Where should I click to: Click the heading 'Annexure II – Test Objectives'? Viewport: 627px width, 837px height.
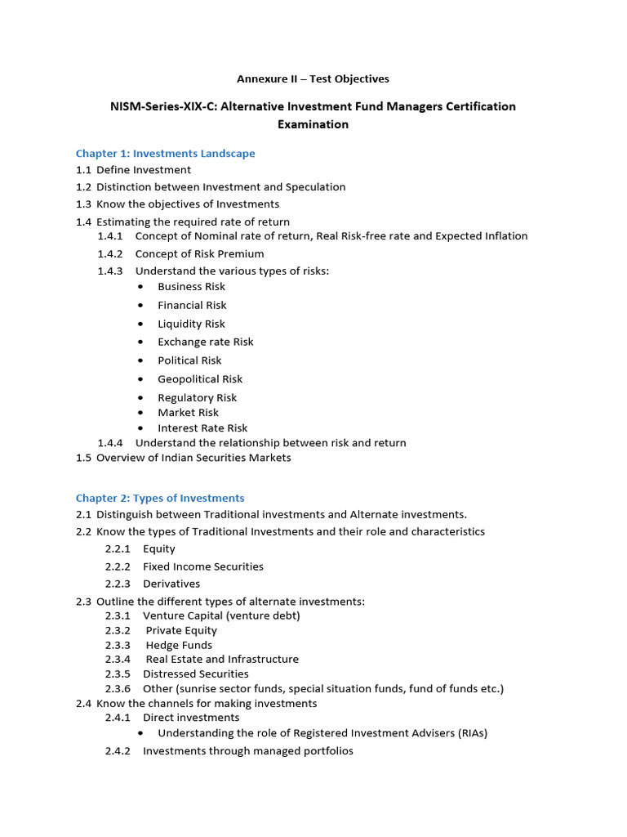[313, 79]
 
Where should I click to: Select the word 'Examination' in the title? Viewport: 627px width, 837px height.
[313, 125]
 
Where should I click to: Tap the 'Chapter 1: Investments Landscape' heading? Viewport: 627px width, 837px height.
[165, 154]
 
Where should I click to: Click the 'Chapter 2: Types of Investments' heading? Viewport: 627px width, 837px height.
[160, 499]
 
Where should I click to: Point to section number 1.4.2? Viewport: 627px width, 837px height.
[110, 254]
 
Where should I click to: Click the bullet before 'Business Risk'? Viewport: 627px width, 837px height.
[141, 287]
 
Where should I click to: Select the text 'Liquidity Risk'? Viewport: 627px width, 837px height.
[191, 325]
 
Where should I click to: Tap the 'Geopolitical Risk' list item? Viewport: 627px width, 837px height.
[200, 379]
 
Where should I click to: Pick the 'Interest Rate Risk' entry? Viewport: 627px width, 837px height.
[202, 428]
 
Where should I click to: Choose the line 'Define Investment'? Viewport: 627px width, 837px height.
[144, 170]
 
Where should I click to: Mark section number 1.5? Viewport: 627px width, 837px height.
[84, 458]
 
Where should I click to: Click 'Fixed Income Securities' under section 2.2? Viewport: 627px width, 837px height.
[202, 566]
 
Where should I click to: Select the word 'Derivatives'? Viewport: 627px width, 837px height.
[171, 584]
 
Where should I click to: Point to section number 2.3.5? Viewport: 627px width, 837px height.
[118, 674]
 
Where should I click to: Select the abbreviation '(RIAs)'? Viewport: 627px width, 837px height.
[467, 733]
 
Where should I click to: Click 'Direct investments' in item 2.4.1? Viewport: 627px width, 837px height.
[191, 718]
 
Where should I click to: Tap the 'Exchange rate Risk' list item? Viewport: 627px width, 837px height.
[206, 342]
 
